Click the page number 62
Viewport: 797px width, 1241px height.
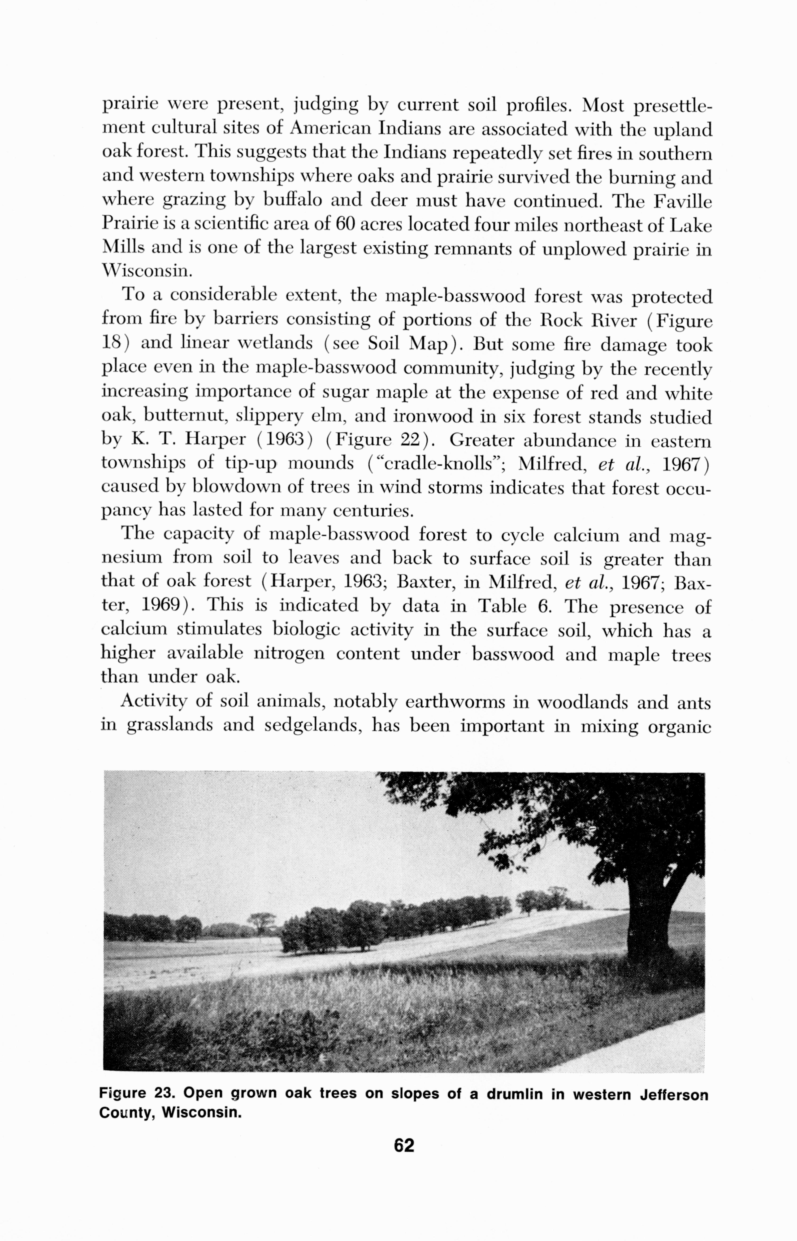tap(404, 1145)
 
